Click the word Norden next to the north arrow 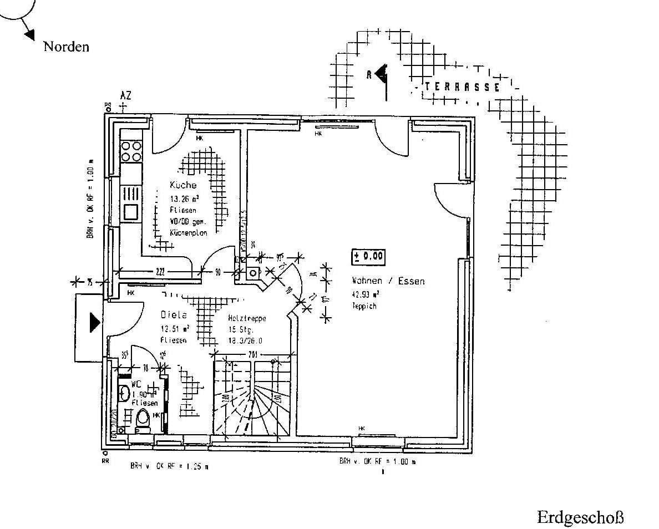point(66,47)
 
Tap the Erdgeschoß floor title point(580,517)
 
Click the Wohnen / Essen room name point(388,281)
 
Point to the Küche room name point(183,185)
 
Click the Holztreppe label point(247,319)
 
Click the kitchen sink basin point(131,211)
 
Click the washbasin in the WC point(124,393)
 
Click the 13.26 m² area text point(184,198)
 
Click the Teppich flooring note point(363,306)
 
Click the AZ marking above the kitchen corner point(125,96)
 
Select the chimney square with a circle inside point(254,272)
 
